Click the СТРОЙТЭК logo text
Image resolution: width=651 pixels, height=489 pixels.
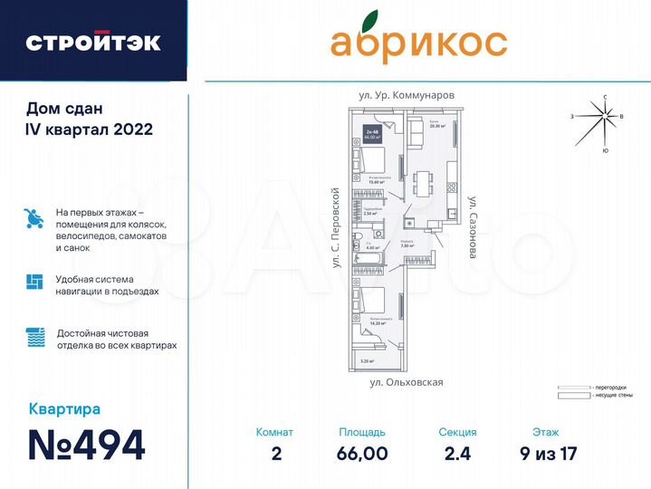pyautogui.click(x=92, y=42)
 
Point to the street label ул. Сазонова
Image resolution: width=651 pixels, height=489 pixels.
pyautogui.click(x=472, y=227)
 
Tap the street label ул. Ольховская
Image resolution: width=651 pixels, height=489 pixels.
pyautogui.click(x=407, y=382)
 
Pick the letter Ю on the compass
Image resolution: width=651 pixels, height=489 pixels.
pyautogui.click(x=605, y=149)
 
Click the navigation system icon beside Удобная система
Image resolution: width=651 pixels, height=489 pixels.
pyautogui.click(x=34, y=281)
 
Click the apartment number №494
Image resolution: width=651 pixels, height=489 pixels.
pyautogui.click(x=86, y=445)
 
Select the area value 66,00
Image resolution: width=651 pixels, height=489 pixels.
pyautogui.click(x=361, y=453)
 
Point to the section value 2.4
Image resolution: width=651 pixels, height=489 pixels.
pyautogui.click(x=456, y=453)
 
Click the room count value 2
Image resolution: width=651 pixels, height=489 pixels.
pyautogui.click(x=275, y=453)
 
